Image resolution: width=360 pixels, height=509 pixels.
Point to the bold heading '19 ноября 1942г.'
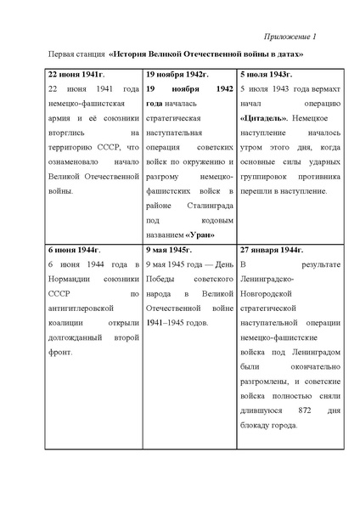pyautogui.click(x=175, y=75)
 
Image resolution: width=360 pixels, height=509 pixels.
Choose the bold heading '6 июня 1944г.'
pyautogui.click(x=71, y=251)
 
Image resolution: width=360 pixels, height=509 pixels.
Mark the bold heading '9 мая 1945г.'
pyautogui.click(x=168, y=251)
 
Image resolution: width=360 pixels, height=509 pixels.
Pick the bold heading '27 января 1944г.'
pyautogui.click(x=273, y=251)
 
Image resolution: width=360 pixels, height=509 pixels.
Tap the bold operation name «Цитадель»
pyautogui.click(x=262, y=118)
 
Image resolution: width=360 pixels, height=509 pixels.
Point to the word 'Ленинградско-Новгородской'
pyautogui.click(x=284, y=280)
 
